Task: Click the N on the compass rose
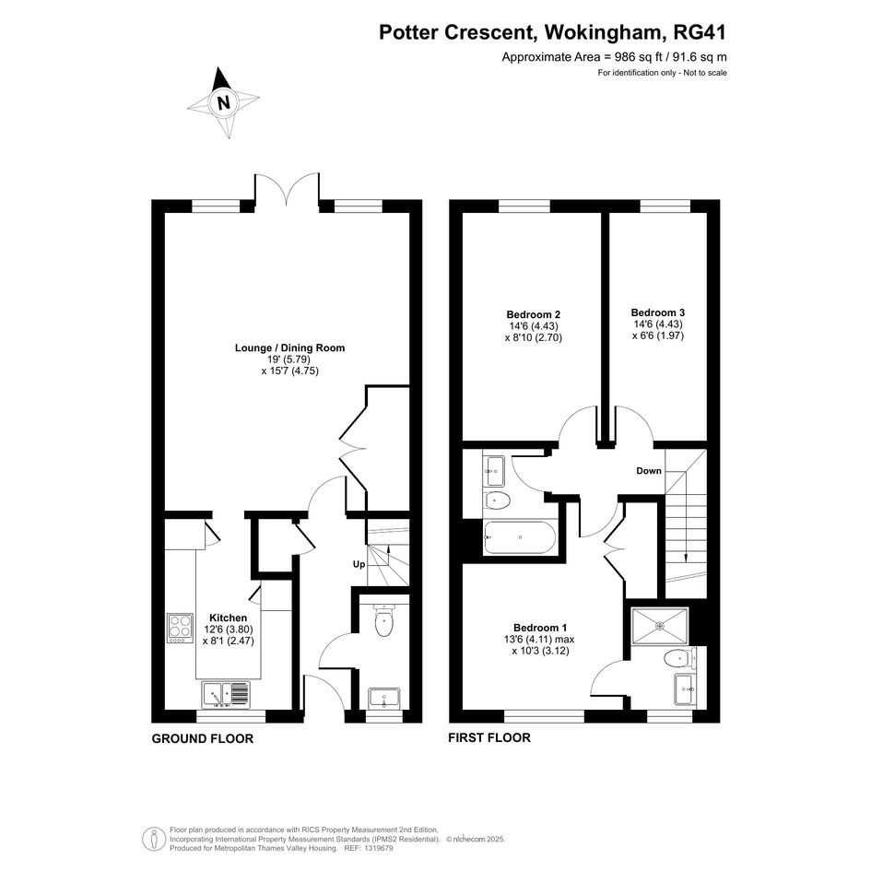coord(224,102)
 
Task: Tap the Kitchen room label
coord(228,618)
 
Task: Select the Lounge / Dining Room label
coord(290,347)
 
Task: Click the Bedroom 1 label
coord(540,628)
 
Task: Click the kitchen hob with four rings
coord(180,628)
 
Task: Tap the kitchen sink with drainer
coord(227,695)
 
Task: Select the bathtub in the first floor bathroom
coord(519,537)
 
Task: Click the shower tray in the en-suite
coord(660,626)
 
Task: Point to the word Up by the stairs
coord(359,564)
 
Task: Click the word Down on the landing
coord(649,471)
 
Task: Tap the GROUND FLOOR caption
coord(203,739)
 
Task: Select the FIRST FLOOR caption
coord(489,737)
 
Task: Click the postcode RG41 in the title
coord(700,32)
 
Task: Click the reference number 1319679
coord(377,848)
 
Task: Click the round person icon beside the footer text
coord(153,839)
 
